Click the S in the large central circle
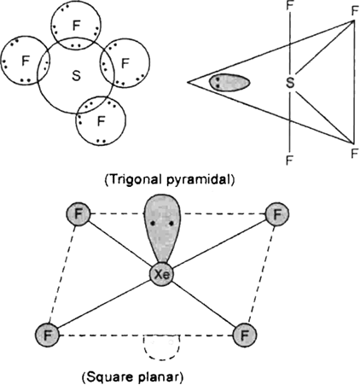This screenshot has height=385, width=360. click(76, 76)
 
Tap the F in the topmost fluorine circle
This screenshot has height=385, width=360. click(76, 26)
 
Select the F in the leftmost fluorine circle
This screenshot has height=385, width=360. click(26, 61)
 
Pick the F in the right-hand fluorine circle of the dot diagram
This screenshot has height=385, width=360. click(125, 63)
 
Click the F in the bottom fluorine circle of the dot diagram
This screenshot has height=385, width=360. click(101, 121)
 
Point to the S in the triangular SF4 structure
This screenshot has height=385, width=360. click(290, 83)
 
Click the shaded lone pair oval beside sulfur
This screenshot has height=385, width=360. click(229, 83)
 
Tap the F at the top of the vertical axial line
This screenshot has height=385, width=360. click(289, 5)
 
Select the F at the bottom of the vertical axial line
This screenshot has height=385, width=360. click(289, 160)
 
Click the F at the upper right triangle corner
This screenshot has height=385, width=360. click(354, 11)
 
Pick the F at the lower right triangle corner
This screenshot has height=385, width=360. click(354, 154)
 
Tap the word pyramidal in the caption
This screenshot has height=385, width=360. click(200, 180)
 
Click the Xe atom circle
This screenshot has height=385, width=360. click(161, 275)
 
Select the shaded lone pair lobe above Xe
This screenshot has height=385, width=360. click(162, 230)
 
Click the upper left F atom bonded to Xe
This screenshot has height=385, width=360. click(78, 214)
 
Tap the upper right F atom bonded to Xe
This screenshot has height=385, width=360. click(277, 214)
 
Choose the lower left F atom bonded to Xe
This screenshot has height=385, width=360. click(47, 335)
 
